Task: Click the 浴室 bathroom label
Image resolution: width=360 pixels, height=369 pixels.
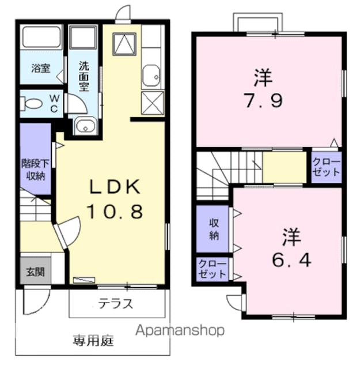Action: [41, 68]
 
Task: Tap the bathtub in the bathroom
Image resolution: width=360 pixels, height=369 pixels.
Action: [41, 37]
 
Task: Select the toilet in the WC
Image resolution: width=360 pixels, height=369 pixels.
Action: [32, 104]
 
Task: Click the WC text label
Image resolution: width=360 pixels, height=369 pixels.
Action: [54, 103]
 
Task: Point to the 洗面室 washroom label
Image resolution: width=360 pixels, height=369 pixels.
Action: [84, 77]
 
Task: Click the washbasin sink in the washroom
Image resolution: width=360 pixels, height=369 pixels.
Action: [85, 126]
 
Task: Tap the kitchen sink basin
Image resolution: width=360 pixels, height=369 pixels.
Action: [151, 76]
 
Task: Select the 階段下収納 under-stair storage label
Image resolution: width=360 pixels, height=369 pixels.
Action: [36, 170]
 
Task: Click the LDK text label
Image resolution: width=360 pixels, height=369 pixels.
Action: [115, 187]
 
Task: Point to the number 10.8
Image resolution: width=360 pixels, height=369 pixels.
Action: [115, 211]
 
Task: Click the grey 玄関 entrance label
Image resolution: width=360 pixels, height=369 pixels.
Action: [35, 272]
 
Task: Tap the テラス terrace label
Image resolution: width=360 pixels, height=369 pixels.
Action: [116, 304]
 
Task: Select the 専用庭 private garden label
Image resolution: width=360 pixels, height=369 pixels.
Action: [93, 341]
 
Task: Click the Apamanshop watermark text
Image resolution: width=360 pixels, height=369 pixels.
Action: [180, 331]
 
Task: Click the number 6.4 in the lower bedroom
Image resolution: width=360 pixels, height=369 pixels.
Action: [291, 260]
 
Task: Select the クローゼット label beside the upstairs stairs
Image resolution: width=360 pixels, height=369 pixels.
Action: [326, 167]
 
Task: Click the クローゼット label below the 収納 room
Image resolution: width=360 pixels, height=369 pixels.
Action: [213, 269]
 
